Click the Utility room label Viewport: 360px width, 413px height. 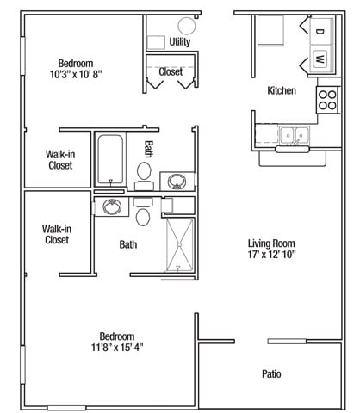pos(180,42)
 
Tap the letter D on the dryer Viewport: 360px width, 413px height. pos(320,31)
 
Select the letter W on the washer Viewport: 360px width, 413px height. pos(320,59)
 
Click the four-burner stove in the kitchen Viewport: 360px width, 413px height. pos(327,100)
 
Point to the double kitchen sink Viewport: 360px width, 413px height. pos(294,134)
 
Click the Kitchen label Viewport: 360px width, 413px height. pos(282,90)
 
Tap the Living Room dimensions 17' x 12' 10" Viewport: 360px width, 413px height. pos(271,255)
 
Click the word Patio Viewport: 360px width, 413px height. pos(271,373)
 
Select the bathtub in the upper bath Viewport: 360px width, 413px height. pos(110,160)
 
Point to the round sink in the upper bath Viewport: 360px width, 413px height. pos(177,182)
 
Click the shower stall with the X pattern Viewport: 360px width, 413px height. pos(179,244)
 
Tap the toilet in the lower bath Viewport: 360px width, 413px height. pos(143,212)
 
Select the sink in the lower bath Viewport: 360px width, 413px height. pos(112,206)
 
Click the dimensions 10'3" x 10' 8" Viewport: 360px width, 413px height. pos(76,75)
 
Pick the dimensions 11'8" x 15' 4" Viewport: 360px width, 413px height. pos(117,348)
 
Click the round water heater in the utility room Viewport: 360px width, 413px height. pos(187,26)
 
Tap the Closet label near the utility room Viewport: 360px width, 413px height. pos(171,71)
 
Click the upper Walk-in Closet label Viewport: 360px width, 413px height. pos(60,160)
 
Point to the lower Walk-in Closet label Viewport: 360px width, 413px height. pos(57,234)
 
